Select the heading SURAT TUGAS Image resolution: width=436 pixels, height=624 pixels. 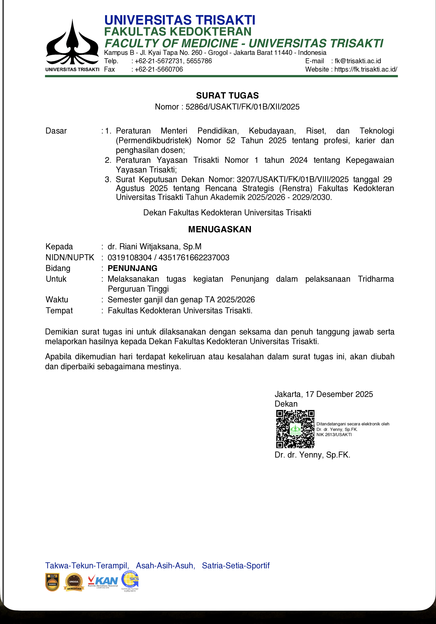[227, 96]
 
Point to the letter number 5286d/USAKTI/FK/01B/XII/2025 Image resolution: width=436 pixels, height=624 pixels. [243, 107]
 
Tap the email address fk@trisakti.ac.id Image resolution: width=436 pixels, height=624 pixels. [358, 61]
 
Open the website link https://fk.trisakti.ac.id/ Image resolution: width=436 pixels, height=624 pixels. [366, 69]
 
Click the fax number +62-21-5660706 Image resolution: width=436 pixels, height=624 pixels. [159, 69]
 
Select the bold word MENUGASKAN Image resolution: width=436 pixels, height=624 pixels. [220, 229]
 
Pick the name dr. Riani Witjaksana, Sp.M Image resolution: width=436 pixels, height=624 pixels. [154, 246]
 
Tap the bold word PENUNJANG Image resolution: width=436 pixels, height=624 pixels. [132, 268]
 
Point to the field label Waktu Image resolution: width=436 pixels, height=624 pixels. [57, 299]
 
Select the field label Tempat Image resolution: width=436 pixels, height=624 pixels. [59, 310]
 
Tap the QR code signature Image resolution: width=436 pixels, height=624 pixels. [295, 429]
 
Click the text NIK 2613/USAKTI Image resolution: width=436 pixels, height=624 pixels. [334, 435]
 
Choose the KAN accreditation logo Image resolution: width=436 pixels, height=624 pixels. [103, 581]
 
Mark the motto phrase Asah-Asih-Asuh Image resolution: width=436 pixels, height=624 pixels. [165, 565]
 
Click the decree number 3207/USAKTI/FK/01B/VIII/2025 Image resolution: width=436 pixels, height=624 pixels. [292, 179]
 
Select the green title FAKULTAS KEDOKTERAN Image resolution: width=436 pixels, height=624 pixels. [178, 32]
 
